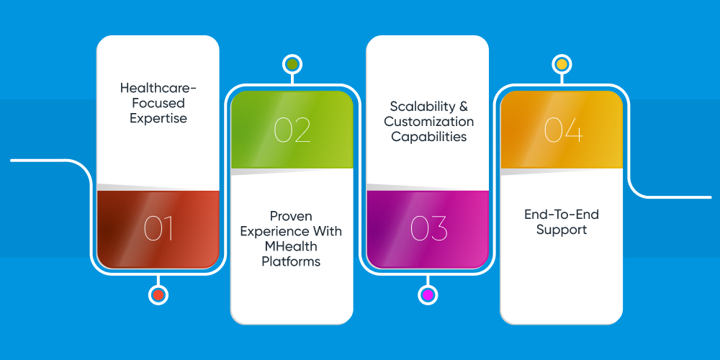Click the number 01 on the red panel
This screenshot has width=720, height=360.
click(x=158, y=228)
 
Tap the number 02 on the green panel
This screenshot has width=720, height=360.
click(x=292, y=130)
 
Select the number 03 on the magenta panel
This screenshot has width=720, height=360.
click(x=428, y=228)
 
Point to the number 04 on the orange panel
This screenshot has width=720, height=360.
click(x=564, y=130)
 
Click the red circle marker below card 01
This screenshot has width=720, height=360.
click(x=158, y=294)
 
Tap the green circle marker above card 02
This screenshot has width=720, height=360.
click(x=292, y=64)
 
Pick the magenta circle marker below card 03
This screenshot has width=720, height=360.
click(x=428, y=294)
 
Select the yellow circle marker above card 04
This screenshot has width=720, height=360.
click(x=562, y=64)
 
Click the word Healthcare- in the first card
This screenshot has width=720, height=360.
click(x=158, y=87)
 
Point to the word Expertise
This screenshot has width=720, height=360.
click(x=158, y=119)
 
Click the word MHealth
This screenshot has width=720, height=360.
click(x=291, y=246)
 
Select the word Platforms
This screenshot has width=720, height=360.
click(x=291, y=261)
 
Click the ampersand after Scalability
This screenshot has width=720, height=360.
click(x=463, y=107)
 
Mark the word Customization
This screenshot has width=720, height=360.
click(x=429, y=122)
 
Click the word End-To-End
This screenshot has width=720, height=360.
click(x=562, y=215)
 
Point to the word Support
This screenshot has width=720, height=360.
click(x=562, y=230)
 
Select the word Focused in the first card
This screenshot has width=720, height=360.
click(x=158, y=102)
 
